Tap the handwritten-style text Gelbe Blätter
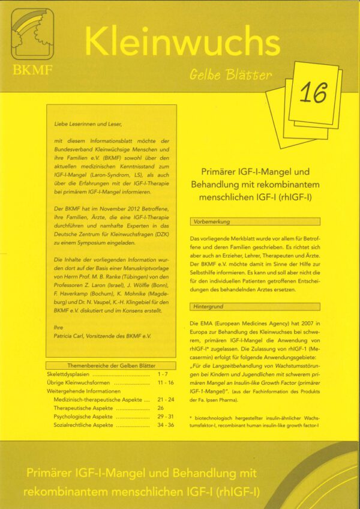click(230, 75)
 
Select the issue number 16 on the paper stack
click(313, 93)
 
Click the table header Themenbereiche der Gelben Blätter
click(111, 366)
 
